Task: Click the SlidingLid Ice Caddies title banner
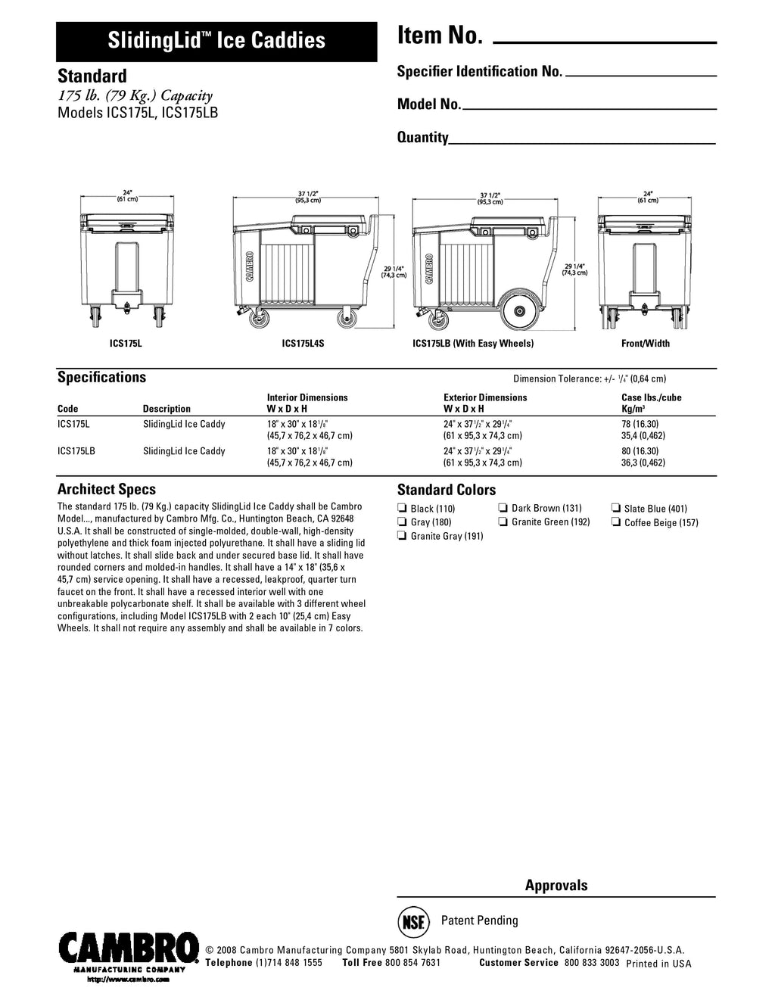[216, 41]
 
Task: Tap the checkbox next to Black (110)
[403, 509]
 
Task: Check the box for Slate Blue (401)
[616, 509]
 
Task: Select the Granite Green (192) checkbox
[503, 522]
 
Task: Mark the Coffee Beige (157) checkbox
[616, 522]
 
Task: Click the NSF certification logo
[412, 921]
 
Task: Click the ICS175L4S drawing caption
[303, 344]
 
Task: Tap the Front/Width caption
[645, 344]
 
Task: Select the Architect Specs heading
[107, 490]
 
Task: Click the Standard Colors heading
[447, 490]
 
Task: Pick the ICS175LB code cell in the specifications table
[76, 451]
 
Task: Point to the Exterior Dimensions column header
[485, 397]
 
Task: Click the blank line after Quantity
[582, 142]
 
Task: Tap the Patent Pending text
[480, 921]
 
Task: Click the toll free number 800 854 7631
[412, 963]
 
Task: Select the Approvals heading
[556, 886]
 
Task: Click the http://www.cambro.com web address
[129, 980]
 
